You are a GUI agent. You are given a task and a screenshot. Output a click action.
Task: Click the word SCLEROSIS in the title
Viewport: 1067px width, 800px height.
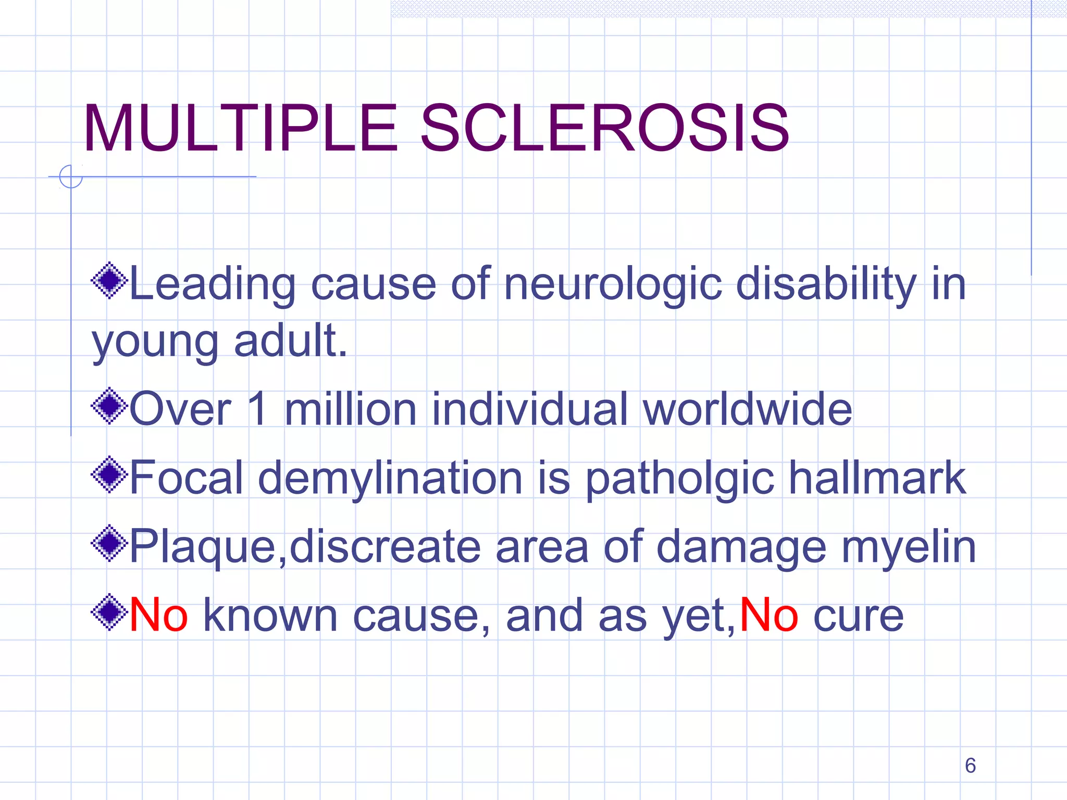(x=604, y=129)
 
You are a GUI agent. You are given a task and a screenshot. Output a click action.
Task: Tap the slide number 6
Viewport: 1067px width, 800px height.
(x=970, y=765)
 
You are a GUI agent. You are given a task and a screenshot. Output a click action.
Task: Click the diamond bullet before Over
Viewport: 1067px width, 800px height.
(x=109, y=406)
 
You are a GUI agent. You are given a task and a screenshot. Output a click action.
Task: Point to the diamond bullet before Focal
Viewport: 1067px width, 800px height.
(x=109, y=475)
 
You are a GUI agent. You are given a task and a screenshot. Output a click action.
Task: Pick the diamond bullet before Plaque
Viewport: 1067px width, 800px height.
(x=109, y=543)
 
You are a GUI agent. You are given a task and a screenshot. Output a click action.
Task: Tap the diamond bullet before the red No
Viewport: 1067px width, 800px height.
(x=109, y=612)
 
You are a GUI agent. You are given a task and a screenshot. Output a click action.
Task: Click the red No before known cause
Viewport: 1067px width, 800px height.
(x=158, y=615)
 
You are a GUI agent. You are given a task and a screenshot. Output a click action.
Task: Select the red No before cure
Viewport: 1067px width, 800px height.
(x=768, y=615)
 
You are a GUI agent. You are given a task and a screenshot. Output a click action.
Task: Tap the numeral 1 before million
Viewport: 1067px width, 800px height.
(x=258, y=409)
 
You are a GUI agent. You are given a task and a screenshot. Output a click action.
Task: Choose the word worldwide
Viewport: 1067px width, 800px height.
(x=748, y=409)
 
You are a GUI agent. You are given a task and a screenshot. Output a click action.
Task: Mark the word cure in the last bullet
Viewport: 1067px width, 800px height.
(x=858, y=616)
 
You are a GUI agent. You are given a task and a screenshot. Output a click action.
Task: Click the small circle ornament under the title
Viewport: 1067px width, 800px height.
(x=71, y=177)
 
